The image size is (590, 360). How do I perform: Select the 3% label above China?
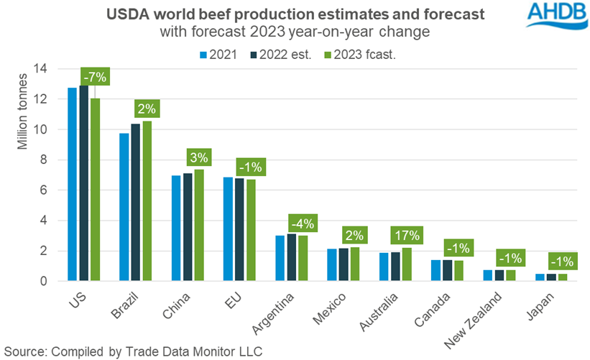pyautogui.click(x=198, y=157)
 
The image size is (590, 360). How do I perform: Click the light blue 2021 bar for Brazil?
pyautogui.click(x=124, y=208)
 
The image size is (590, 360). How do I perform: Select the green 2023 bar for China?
pyautogui.click(x=198, y=226)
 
